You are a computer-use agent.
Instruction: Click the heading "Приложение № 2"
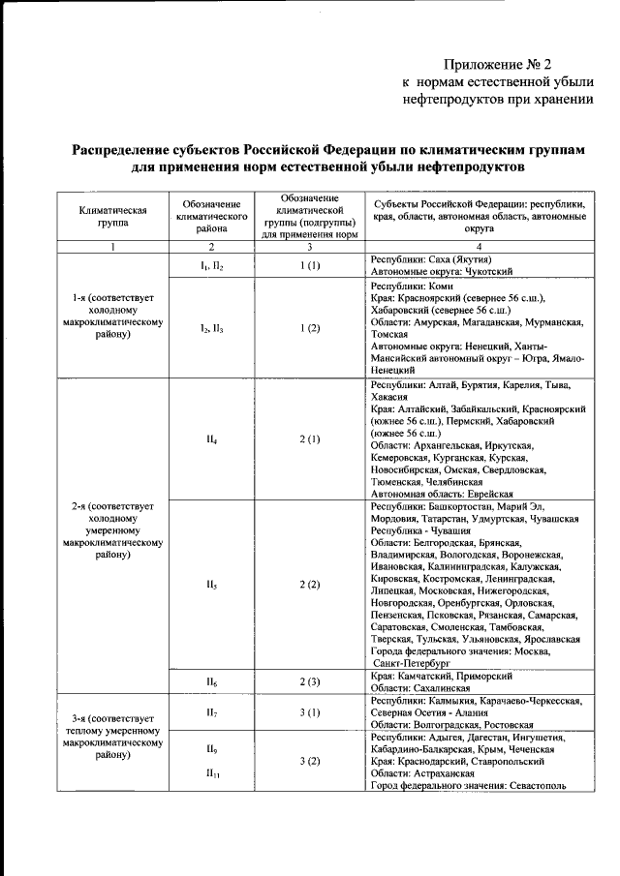(x=497, y=65)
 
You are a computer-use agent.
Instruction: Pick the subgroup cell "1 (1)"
(x=310, y=266)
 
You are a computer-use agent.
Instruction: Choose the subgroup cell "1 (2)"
(x=310, y=329)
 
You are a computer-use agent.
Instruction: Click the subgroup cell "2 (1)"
(x=310, y=439)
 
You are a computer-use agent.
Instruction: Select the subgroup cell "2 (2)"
(x=310, y=585)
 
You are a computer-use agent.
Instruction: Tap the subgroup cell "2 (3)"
(x=310, y=682)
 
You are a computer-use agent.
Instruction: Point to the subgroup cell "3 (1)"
(x=310, y=712)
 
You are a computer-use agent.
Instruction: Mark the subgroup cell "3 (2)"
(x=310, y=761)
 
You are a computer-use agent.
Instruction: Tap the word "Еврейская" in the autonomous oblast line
(x=486, y=494)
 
